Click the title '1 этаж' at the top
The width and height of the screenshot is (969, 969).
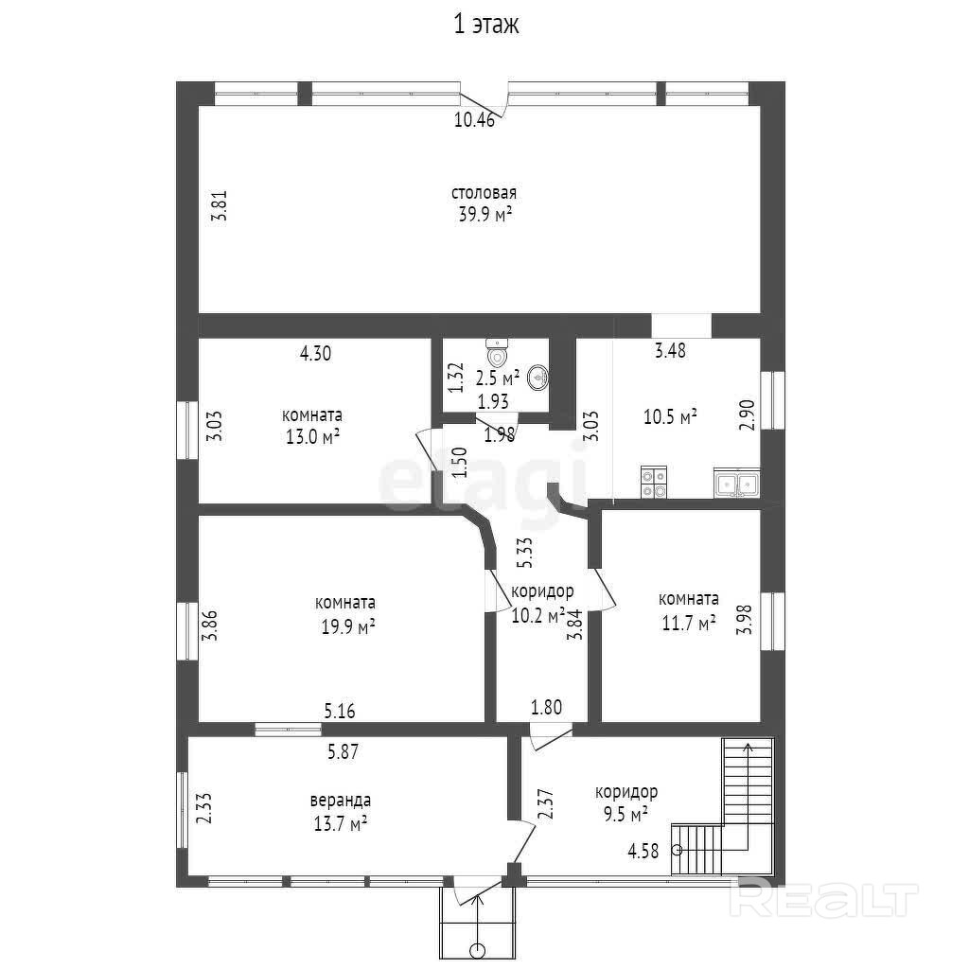tap(486, 25)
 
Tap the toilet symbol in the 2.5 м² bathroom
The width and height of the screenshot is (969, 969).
tap(497, 352)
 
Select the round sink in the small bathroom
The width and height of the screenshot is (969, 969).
tap(538, 378)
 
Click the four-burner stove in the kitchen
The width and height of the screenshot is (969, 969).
tap(654, 482)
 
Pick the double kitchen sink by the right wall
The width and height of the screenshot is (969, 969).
tap(737, 483)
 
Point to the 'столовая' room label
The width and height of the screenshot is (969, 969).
tap(484, 193)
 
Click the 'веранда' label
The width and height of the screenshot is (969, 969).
tap(341, 801)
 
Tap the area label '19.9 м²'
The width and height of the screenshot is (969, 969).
tap(348, 627)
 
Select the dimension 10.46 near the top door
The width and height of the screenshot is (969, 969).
tap(475, 119)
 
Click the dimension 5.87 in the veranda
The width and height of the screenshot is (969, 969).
tap(343, 751)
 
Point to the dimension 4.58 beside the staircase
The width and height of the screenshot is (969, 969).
tap(643, 851)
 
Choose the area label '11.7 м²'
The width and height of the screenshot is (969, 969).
tap(689, 623)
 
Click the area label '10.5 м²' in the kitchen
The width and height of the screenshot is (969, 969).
tap(671, 416)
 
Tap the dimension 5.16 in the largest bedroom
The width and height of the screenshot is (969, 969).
tap(340, 711)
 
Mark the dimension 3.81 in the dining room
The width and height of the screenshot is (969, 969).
tap(220, 205)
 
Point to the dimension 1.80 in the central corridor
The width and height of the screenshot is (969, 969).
tap(546, 707)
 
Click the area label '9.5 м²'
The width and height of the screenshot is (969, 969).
tap(625, 815)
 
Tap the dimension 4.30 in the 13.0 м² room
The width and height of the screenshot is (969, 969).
tap(315, 353)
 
